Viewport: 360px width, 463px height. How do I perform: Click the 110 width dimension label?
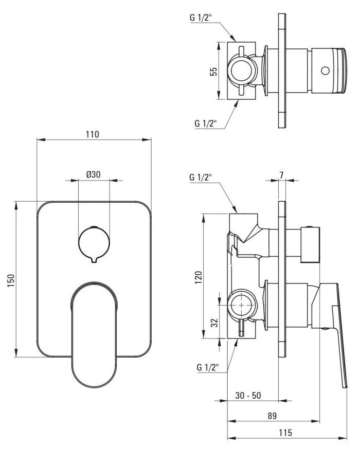coord(93,134)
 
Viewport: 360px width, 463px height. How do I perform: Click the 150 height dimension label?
coord(11,281)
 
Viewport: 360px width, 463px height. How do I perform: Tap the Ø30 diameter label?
coord(93,174)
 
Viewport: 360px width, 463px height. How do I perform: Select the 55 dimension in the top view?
coord(213,72)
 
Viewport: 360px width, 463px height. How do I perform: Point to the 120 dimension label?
coord(199,277)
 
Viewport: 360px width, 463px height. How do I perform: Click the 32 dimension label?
coord(215,323)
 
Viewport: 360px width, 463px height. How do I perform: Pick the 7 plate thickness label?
coord(281,175)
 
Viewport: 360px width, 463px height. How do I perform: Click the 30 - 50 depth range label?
coord(248,396)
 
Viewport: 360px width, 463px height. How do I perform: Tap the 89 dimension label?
coord(272,416)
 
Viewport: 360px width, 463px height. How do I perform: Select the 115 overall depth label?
coord(285,433)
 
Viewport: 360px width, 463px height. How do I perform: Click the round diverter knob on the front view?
coord(94,243)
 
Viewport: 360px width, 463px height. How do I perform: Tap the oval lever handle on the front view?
coord(94,334)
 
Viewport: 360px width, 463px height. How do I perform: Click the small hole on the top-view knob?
coord(325,70)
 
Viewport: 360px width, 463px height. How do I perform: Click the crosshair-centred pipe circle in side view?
coord(242,305)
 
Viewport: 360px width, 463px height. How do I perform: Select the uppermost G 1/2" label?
coord(201,17)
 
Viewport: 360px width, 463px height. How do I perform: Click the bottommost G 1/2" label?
coord(208,367)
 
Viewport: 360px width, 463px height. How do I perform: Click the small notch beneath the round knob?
coord(94,260)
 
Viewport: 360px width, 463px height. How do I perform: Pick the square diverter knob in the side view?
coord(310,245)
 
